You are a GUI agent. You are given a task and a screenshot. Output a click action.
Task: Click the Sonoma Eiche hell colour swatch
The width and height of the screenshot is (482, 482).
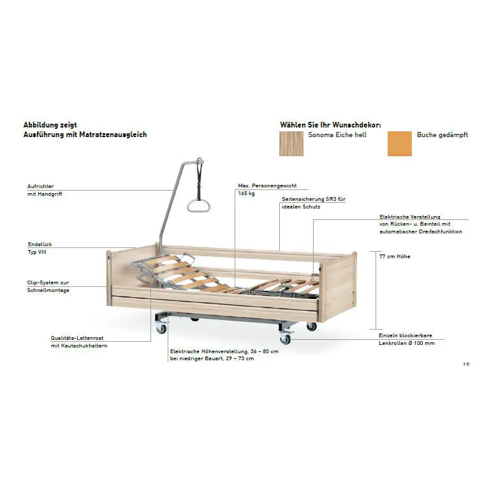pos(291,143)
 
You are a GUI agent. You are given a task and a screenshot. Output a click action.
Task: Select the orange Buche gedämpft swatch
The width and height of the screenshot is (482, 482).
pos(399,143)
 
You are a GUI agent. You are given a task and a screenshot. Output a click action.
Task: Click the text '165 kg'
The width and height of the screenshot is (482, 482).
pos(246,193)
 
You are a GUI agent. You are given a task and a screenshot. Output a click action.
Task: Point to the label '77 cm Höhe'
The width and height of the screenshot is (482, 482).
pos(395,256)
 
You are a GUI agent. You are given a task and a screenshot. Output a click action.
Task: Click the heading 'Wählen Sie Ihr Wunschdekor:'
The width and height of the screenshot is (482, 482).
pos(330,125)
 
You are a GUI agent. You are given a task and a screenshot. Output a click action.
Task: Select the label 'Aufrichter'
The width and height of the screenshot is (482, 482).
pos(40,186)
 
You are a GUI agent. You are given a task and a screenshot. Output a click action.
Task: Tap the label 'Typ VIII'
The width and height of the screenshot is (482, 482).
pos(37,252)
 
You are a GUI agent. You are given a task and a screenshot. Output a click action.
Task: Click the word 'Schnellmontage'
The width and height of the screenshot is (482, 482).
pos(48,290)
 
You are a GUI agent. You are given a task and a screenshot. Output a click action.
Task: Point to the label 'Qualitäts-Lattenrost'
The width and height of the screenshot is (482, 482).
pos(77,338)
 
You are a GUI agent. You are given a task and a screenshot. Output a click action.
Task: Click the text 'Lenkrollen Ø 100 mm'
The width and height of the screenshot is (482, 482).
pos(406,343)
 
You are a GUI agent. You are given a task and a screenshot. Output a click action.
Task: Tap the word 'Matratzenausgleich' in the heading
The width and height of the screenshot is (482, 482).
pos(113,135)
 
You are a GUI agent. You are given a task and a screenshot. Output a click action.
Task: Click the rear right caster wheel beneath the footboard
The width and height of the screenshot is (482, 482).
pos(311,326)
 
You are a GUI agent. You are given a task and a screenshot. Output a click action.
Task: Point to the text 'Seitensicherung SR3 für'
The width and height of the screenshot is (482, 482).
pos(314,199)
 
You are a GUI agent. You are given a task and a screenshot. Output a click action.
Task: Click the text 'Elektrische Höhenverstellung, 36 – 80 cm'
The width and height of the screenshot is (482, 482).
pos(224,351)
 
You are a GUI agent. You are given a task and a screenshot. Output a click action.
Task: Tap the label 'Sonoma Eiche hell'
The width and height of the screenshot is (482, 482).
pos(337,135)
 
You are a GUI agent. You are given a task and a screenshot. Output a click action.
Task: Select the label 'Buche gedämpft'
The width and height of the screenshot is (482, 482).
pos(442,135)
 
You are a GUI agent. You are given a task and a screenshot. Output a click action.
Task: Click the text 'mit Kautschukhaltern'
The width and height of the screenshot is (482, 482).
pos(79,346)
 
